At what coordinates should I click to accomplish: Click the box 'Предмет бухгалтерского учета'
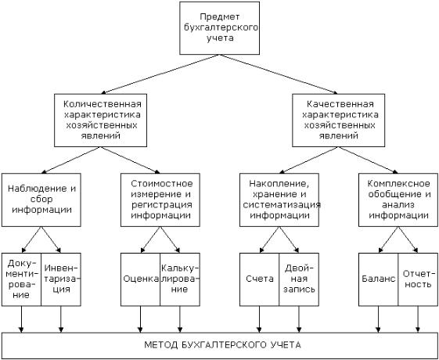coord(219,28)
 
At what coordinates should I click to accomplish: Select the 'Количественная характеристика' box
coord(100,120)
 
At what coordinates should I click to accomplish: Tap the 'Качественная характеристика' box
coord(339,120)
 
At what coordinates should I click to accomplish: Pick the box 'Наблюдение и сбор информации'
coord(41,200)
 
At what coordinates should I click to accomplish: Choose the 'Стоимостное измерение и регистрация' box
coord(160,200)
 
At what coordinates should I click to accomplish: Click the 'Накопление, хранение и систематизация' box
coord(279,200)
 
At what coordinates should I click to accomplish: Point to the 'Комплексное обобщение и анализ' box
coord(398,200)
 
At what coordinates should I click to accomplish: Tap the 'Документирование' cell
coord(22,279)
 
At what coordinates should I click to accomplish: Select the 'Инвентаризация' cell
coord(61,279)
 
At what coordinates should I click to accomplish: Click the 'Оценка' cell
coord(140,279)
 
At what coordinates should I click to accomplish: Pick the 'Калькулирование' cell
coord(180,279)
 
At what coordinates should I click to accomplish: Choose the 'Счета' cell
coord(259,279)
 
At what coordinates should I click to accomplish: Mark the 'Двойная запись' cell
coord(299,279)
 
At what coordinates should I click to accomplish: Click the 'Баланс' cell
coord(378,279)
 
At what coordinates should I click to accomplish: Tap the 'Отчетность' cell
coord(418,279)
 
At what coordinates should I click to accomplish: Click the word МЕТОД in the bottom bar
coord(160,345)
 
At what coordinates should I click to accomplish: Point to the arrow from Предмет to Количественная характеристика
coord(160,74)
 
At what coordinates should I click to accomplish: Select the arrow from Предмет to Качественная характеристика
coord(279,74)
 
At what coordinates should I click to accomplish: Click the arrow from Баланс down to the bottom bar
coord(378,319)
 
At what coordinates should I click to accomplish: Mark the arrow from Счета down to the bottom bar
coord(259,319)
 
